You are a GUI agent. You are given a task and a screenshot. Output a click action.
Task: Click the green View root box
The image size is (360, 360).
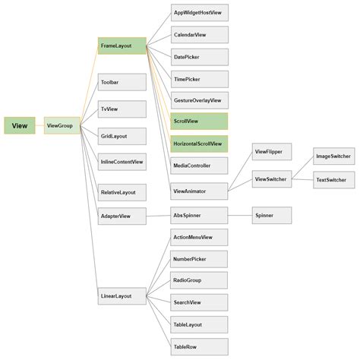19,125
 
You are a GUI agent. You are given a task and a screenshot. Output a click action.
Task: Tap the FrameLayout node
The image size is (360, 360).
122,46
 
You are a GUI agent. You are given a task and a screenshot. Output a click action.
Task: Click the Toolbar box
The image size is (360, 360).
122,82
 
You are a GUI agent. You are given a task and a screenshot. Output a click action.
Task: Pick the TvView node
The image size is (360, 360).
122,109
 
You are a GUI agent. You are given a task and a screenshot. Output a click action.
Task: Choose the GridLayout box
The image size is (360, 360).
122,136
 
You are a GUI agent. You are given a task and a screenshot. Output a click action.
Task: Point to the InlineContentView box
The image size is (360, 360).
122,163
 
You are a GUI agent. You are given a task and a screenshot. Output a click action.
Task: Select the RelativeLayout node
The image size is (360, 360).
122,193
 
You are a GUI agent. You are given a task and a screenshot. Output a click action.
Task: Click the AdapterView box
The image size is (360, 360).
122,216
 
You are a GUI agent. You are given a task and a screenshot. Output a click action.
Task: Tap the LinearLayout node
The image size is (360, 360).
122,295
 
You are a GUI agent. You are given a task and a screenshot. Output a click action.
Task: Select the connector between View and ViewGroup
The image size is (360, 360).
39,125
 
